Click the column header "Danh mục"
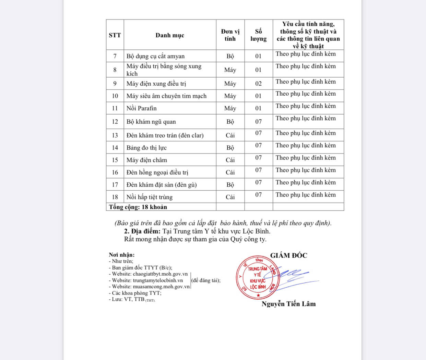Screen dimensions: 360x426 170,35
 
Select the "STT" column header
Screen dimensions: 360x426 115,35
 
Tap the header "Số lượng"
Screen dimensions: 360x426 258,35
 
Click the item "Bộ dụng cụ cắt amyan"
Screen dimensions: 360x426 155,56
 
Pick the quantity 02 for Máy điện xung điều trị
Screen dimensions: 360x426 258,84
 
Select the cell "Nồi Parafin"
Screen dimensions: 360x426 141,108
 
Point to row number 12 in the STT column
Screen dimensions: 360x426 115,122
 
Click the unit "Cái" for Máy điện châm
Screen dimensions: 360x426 230,160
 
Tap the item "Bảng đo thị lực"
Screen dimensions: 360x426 146,148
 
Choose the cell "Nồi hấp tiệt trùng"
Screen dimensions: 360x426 149,197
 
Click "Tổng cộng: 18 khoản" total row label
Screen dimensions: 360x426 138,207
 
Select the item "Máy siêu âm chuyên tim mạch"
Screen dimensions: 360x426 166,96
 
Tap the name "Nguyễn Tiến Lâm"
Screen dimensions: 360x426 288,304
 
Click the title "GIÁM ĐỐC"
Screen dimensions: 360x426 288,255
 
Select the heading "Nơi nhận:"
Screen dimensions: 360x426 122,255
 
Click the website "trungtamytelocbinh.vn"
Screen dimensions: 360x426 158,280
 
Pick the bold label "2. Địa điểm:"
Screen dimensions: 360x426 142,231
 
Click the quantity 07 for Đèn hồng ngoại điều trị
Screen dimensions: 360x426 258,170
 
